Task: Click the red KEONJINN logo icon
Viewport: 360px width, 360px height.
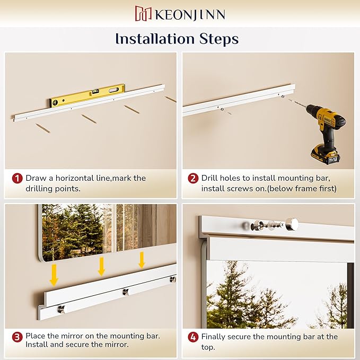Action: click(x=143, y=13)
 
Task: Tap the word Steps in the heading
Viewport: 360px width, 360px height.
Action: click(x=219, y=39)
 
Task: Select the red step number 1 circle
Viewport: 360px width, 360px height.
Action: click(x=17, y=178)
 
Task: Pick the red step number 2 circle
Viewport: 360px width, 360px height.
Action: click(x=193, y=178)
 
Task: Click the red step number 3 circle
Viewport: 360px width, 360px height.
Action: click(x=17, y=337)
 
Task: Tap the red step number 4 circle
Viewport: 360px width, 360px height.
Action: click(x=193, y=337)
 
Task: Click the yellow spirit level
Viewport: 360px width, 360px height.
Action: click(x=87, y=95)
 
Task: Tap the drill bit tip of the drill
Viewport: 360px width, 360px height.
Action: click(x=289, y=100)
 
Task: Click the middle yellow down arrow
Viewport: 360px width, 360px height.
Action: click(x=101, y=266)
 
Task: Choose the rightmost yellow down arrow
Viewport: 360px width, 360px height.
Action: click(x=142, y=260)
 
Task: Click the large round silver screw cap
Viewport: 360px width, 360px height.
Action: click(x=292, y=224)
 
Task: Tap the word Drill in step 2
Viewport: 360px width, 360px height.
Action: click(x=209, y=178)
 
